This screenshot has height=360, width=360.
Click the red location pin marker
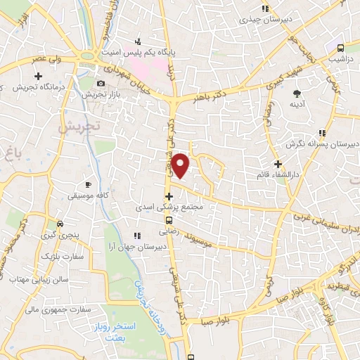(181, 166)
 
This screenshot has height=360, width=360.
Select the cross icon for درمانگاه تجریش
(38, 75)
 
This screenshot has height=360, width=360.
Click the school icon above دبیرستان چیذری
(265, 9)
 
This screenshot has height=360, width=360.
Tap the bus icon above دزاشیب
(340, 49)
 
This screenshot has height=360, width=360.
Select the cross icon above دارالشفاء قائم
(278, 164)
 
